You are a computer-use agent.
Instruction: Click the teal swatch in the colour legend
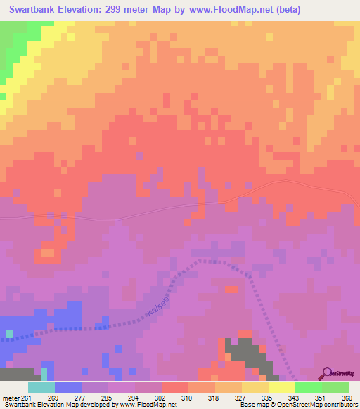pos(41,387)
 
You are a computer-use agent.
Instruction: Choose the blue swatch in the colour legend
pos(67,387)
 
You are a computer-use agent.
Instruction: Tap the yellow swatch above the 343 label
pos(281,387)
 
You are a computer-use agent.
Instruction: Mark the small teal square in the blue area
pos(10,332)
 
